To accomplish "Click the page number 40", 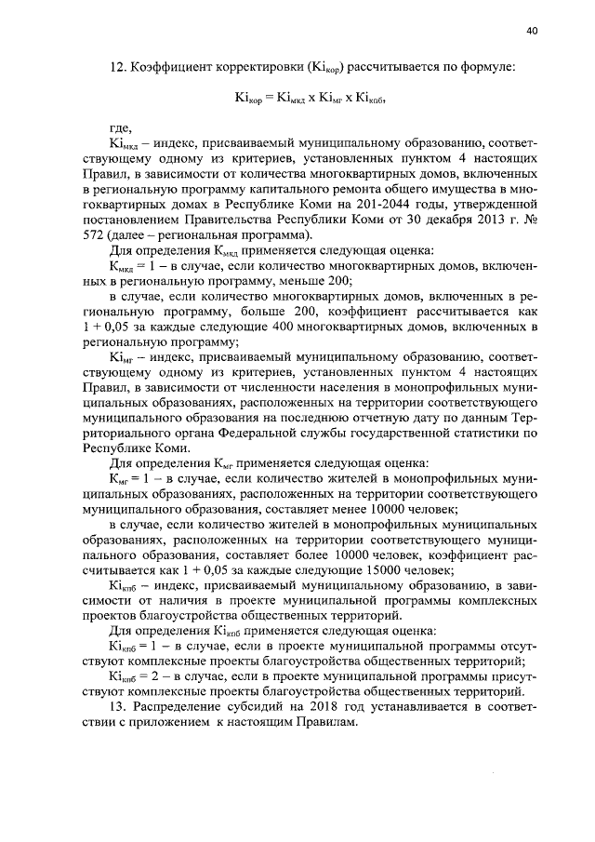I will pyautogui.click(x=532, y=31).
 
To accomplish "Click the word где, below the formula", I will pyautogui.click(x=121, y=127).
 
